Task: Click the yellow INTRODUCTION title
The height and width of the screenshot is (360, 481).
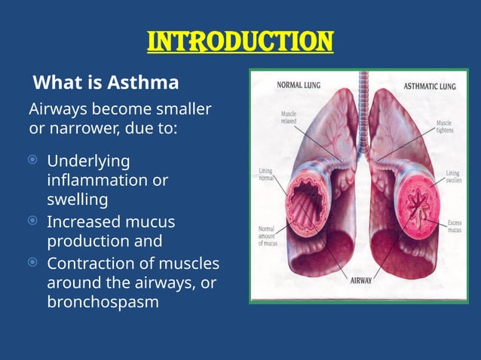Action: coord(240,41)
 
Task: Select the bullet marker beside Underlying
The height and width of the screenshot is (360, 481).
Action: coord(32,160)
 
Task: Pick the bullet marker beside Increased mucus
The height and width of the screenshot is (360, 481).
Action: coord(32,221)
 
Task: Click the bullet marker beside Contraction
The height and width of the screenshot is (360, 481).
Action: coord(32,263)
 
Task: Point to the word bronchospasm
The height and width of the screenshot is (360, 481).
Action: coord(103,304)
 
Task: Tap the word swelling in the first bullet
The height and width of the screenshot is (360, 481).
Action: coord(77,200)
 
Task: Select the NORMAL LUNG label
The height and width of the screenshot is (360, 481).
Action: coord(299,85)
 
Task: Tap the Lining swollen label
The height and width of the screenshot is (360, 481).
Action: coord(452,176)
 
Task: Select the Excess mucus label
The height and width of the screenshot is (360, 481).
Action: coord(454,226)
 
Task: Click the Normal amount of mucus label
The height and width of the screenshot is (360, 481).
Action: coord(269,236)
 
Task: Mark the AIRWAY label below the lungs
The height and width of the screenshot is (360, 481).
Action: coord(360,280)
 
